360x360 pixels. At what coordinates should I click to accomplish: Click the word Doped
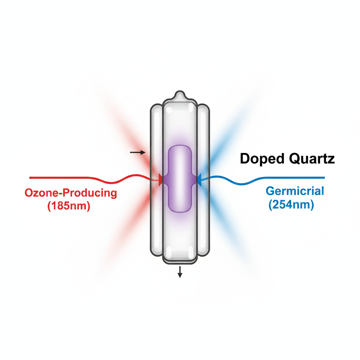pos(262,159)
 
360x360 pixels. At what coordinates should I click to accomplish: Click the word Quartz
pos(311,159)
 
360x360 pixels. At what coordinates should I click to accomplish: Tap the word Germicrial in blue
pos(295,191)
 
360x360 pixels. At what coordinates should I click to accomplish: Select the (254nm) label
pos(291,205)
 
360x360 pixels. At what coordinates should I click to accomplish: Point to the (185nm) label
pos(69,206)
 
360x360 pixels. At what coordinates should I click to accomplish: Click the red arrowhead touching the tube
pos(160,180)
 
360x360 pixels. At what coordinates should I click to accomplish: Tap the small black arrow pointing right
pos(137,152)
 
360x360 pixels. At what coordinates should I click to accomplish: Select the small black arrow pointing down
pos(180,272)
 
